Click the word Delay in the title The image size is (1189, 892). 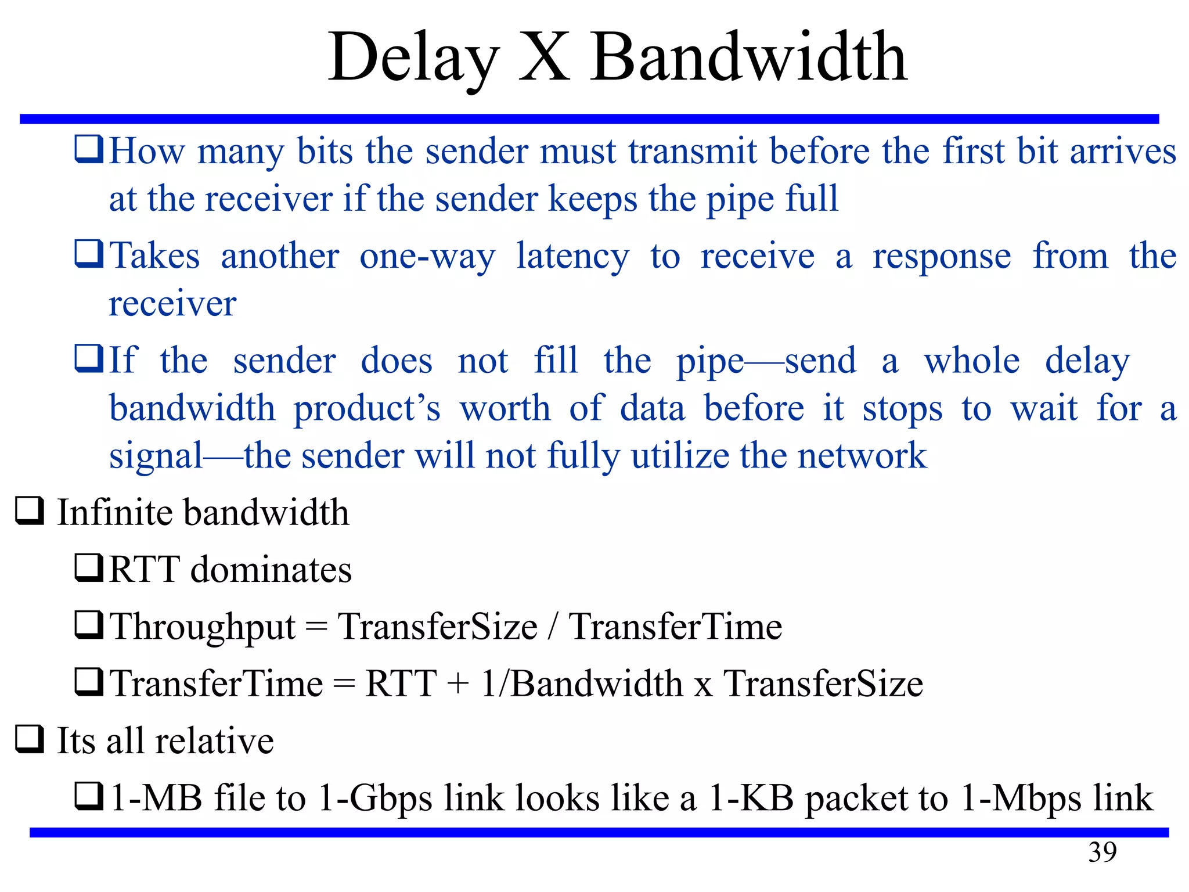(x=413, y=58)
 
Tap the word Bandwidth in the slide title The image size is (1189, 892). (x=749, y=58)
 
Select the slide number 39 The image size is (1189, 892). (x=1102, y=852)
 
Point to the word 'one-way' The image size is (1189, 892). (x=427, y=256)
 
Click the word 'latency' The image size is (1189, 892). (x=572, y=256)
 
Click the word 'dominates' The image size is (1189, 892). (x=271, y=569)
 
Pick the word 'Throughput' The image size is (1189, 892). (x=203, y=627)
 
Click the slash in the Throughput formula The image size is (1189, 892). (x=553, y=626)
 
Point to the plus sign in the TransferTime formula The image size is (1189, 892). (x=458, y=683)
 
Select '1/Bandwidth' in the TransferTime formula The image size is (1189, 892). (x=582, y=683)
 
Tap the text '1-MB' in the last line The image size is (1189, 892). (x=156, y=797)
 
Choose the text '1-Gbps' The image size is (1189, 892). (x=375, y=799)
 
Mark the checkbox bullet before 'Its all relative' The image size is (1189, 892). (x=29, y=739)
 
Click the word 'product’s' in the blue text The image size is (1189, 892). (x=367, y=409)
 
